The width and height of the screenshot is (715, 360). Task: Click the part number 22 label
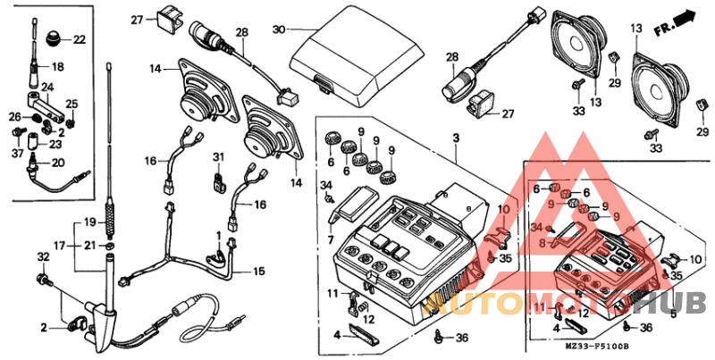point(79,39)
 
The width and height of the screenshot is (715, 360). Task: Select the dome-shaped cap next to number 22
point(55,38)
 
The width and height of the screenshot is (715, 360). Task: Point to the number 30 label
point(278,29)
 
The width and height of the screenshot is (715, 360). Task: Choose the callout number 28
point(241,32)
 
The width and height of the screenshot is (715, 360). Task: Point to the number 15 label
point(260,272)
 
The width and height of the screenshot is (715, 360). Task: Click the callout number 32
point(41,257)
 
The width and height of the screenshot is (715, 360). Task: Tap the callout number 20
point(59,163)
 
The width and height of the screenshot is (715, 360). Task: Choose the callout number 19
point(90,222)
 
